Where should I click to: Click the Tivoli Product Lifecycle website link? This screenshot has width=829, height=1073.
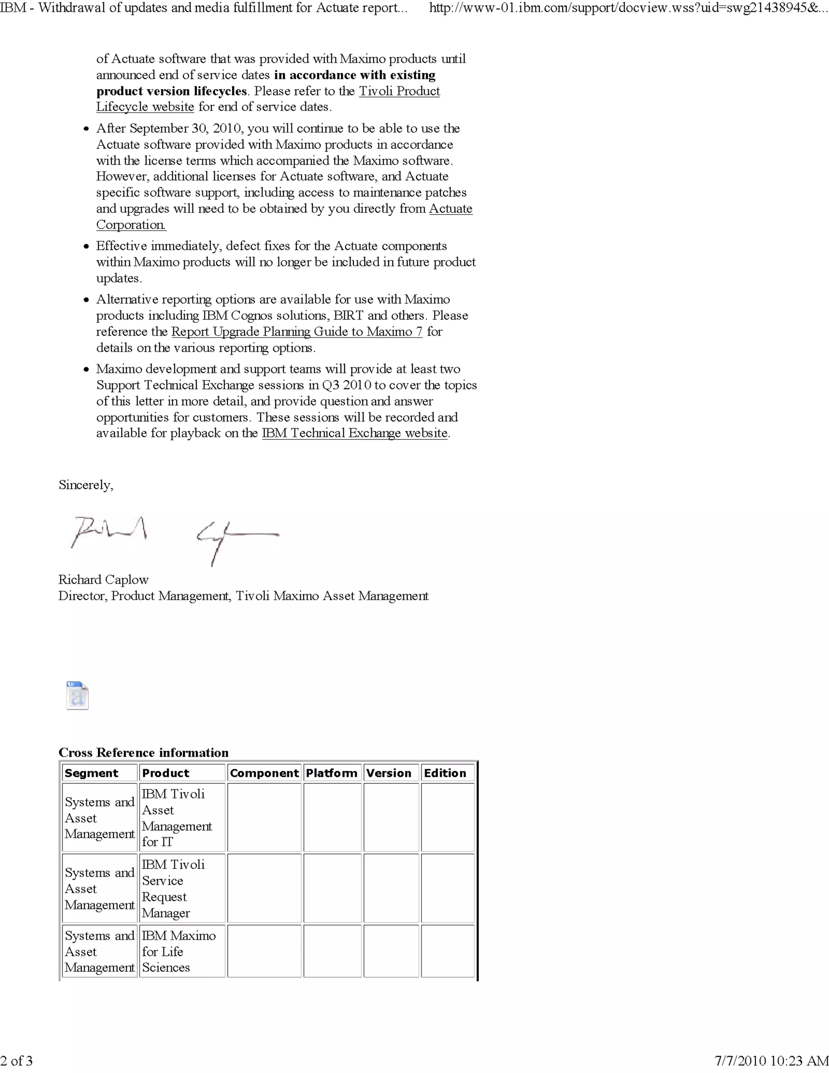point(399,92)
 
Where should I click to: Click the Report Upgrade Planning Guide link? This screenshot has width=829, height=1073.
point(297,332)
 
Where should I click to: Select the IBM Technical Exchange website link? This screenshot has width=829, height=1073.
point(355,433)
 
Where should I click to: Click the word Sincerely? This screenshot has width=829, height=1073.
point(86,485)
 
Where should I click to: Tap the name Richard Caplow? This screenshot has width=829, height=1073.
point(103,580)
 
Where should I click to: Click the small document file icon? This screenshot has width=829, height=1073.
point(77,695)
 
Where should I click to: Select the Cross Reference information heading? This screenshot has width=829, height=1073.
point(143,753)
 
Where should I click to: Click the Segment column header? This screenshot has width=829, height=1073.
point(92,773)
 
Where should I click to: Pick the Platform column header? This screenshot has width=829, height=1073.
point(332,773)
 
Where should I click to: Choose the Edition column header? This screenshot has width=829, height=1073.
point(445,773)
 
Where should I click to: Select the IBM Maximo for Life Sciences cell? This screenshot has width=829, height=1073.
point(178,951)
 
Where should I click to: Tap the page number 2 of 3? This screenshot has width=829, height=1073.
point(17,1061)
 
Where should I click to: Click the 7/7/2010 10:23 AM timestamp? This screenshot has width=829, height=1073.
point(771,1061)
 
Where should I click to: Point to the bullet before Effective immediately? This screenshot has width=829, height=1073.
point(87,246)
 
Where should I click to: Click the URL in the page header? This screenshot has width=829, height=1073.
point(628,8)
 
